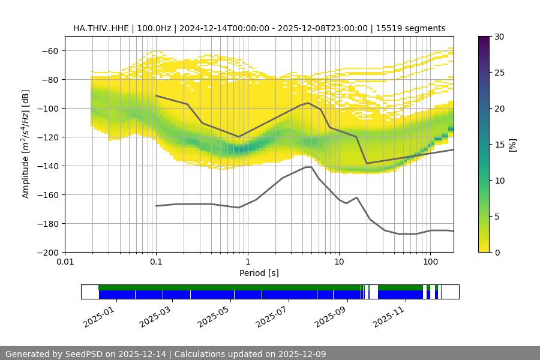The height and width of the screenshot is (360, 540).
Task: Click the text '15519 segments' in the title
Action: pyautogui.click(x=415, y=28)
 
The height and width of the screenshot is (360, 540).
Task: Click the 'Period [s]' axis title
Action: pyautogui.click(x=259, y=274)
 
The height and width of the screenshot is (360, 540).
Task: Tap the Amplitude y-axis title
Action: pyautogui.click(x=26, y=144)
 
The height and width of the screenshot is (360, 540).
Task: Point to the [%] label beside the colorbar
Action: pyautogui.click(x=513, y=145)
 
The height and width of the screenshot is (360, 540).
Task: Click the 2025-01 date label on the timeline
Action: pyautogui.click(x=98, y=316)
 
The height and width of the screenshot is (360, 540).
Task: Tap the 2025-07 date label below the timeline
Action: pyautogui.click(x=273, y=316)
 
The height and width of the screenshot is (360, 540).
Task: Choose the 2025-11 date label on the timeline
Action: pyautogui.click(x=389, y=316)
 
